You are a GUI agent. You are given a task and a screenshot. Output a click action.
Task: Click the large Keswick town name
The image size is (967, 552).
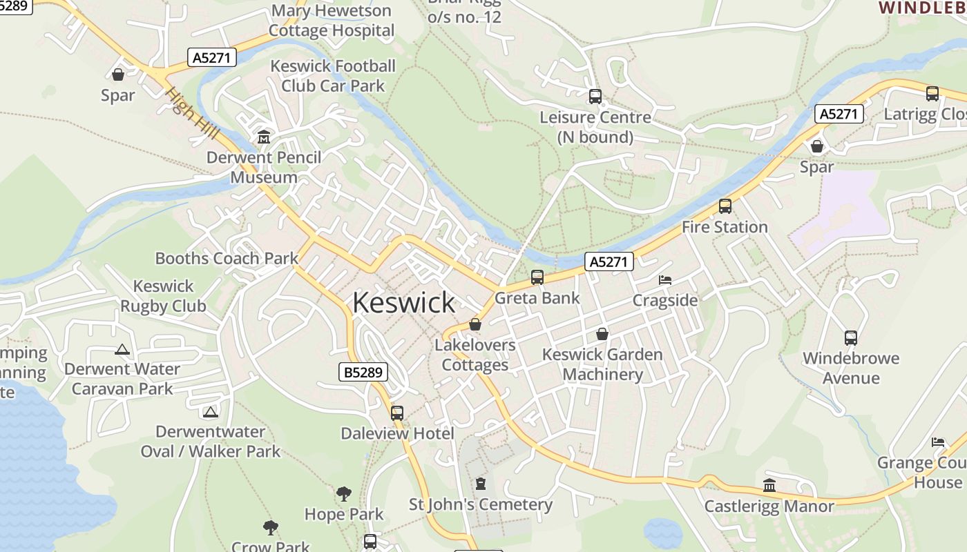403,303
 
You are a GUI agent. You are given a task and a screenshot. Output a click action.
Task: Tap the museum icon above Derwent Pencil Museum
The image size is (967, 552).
263,137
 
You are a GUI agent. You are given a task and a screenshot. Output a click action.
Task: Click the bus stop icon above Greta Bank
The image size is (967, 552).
537,277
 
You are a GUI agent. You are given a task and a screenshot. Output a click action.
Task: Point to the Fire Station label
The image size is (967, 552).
725,227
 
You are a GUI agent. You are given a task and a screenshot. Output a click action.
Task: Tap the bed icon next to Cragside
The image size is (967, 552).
665,280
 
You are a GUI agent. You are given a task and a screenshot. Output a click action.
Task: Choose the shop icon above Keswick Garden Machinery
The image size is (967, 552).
602,334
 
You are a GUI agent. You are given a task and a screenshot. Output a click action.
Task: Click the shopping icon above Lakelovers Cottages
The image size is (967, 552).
475,324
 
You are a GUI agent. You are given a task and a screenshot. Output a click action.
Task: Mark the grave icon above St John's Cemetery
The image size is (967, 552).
481,484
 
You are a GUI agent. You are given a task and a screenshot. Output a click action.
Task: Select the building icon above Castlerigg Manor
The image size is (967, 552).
769,485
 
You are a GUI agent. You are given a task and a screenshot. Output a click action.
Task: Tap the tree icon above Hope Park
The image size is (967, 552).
343,494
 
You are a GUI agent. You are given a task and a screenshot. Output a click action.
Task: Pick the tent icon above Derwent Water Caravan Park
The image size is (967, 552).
122,349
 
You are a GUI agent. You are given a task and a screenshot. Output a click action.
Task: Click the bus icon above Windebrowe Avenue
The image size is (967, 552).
851,338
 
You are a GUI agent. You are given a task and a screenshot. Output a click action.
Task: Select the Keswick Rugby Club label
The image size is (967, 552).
164,296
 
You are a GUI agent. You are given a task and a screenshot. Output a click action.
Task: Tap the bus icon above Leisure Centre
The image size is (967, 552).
595,97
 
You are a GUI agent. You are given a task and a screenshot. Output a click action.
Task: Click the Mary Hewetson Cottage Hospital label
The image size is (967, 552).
332,21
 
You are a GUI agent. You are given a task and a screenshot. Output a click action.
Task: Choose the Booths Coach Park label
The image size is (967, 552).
227,259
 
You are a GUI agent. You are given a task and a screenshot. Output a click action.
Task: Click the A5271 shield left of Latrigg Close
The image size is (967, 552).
839,114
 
